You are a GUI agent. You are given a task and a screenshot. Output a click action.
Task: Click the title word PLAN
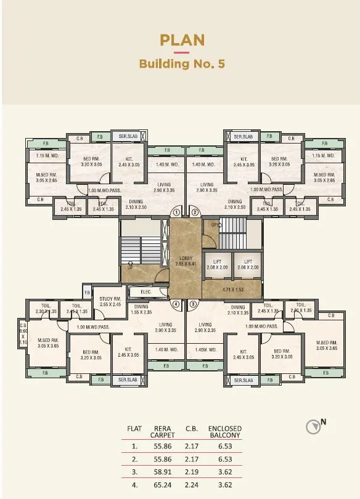pos(182,41)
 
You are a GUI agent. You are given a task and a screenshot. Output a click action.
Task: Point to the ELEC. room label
pos(146,292)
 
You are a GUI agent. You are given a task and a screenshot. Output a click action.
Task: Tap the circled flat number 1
pos(176,212)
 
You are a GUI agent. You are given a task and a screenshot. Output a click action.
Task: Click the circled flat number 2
pos(195,212)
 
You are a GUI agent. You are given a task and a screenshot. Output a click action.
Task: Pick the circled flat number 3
pos(193,304)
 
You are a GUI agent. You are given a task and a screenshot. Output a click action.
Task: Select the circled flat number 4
pos(176,304)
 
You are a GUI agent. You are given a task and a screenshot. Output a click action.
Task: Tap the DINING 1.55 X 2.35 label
pos(142,309)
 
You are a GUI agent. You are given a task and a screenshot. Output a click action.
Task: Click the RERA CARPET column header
pos(163,431)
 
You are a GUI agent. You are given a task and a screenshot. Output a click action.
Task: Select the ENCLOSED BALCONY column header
pos(225,431)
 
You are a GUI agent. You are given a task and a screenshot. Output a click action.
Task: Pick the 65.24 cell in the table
pos(162,485)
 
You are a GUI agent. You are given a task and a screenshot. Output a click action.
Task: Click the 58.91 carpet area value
pos(162,471)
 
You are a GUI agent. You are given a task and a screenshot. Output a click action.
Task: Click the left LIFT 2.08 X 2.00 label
pos(217,264)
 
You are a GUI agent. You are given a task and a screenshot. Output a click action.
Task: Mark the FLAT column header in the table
pos(134,428)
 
